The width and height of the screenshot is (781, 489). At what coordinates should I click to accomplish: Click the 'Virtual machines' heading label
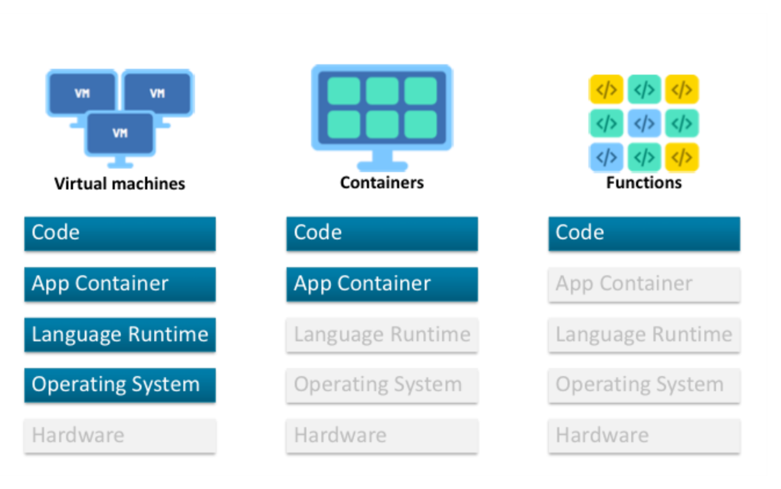[x=120, y=184]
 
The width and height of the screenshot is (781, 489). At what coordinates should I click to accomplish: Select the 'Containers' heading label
[x=382, y=183]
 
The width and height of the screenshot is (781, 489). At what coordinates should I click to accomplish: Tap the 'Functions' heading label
[x=643, y=183]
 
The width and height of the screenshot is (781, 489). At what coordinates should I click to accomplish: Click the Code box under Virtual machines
[x=120, y=233]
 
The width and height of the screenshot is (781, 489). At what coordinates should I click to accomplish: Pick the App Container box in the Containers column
[x=382, y=284]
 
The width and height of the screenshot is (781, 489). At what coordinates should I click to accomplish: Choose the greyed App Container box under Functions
[x=644, y=284]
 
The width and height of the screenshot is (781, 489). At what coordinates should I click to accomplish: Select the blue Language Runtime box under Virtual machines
[x=120, y=335]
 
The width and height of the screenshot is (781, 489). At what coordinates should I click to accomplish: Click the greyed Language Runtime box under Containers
[x=382, y=335]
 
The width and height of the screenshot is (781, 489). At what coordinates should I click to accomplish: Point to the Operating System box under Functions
[x=644, y=385]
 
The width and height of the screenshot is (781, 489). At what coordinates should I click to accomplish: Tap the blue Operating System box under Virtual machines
[x=120, y=385]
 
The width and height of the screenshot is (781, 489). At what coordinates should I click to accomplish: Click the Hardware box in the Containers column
[x=382, y=435]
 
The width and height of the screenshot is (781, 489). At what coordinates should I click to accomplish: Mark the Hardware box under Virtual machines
[x=120, y=435]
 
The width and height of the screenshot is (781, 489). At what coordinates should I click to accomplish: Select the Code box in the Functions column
[x=644, y=233]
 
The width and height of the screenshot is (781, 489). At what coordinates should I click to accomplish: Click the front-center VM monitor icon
[x=120, y=133]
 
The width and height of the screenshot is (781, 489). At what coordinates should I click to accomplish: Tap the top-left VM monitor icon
[x=82, y=93]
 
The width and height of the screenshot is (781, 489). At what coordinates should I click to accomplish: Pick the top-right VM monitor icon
[x=158, y=93]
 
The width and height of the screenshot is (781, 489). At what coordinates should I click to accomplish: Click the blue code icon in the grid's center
[x=644, y=124]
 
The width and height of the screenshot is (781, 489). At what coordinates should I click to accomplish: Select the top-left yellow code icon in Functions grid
[x=606, y=90]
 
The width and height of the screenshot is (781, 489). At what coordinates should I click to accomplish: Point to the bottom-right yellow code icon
[x=681, y=158]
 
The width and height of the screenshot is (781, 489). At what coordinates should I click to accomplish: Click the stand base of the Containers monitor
[x=382, y=165]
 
